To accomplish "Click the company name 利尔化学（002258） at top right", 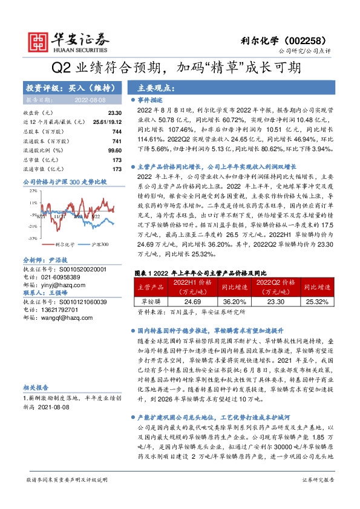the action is point(300,37).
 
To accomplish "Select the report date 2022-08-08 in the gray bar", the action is point(90,99).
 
